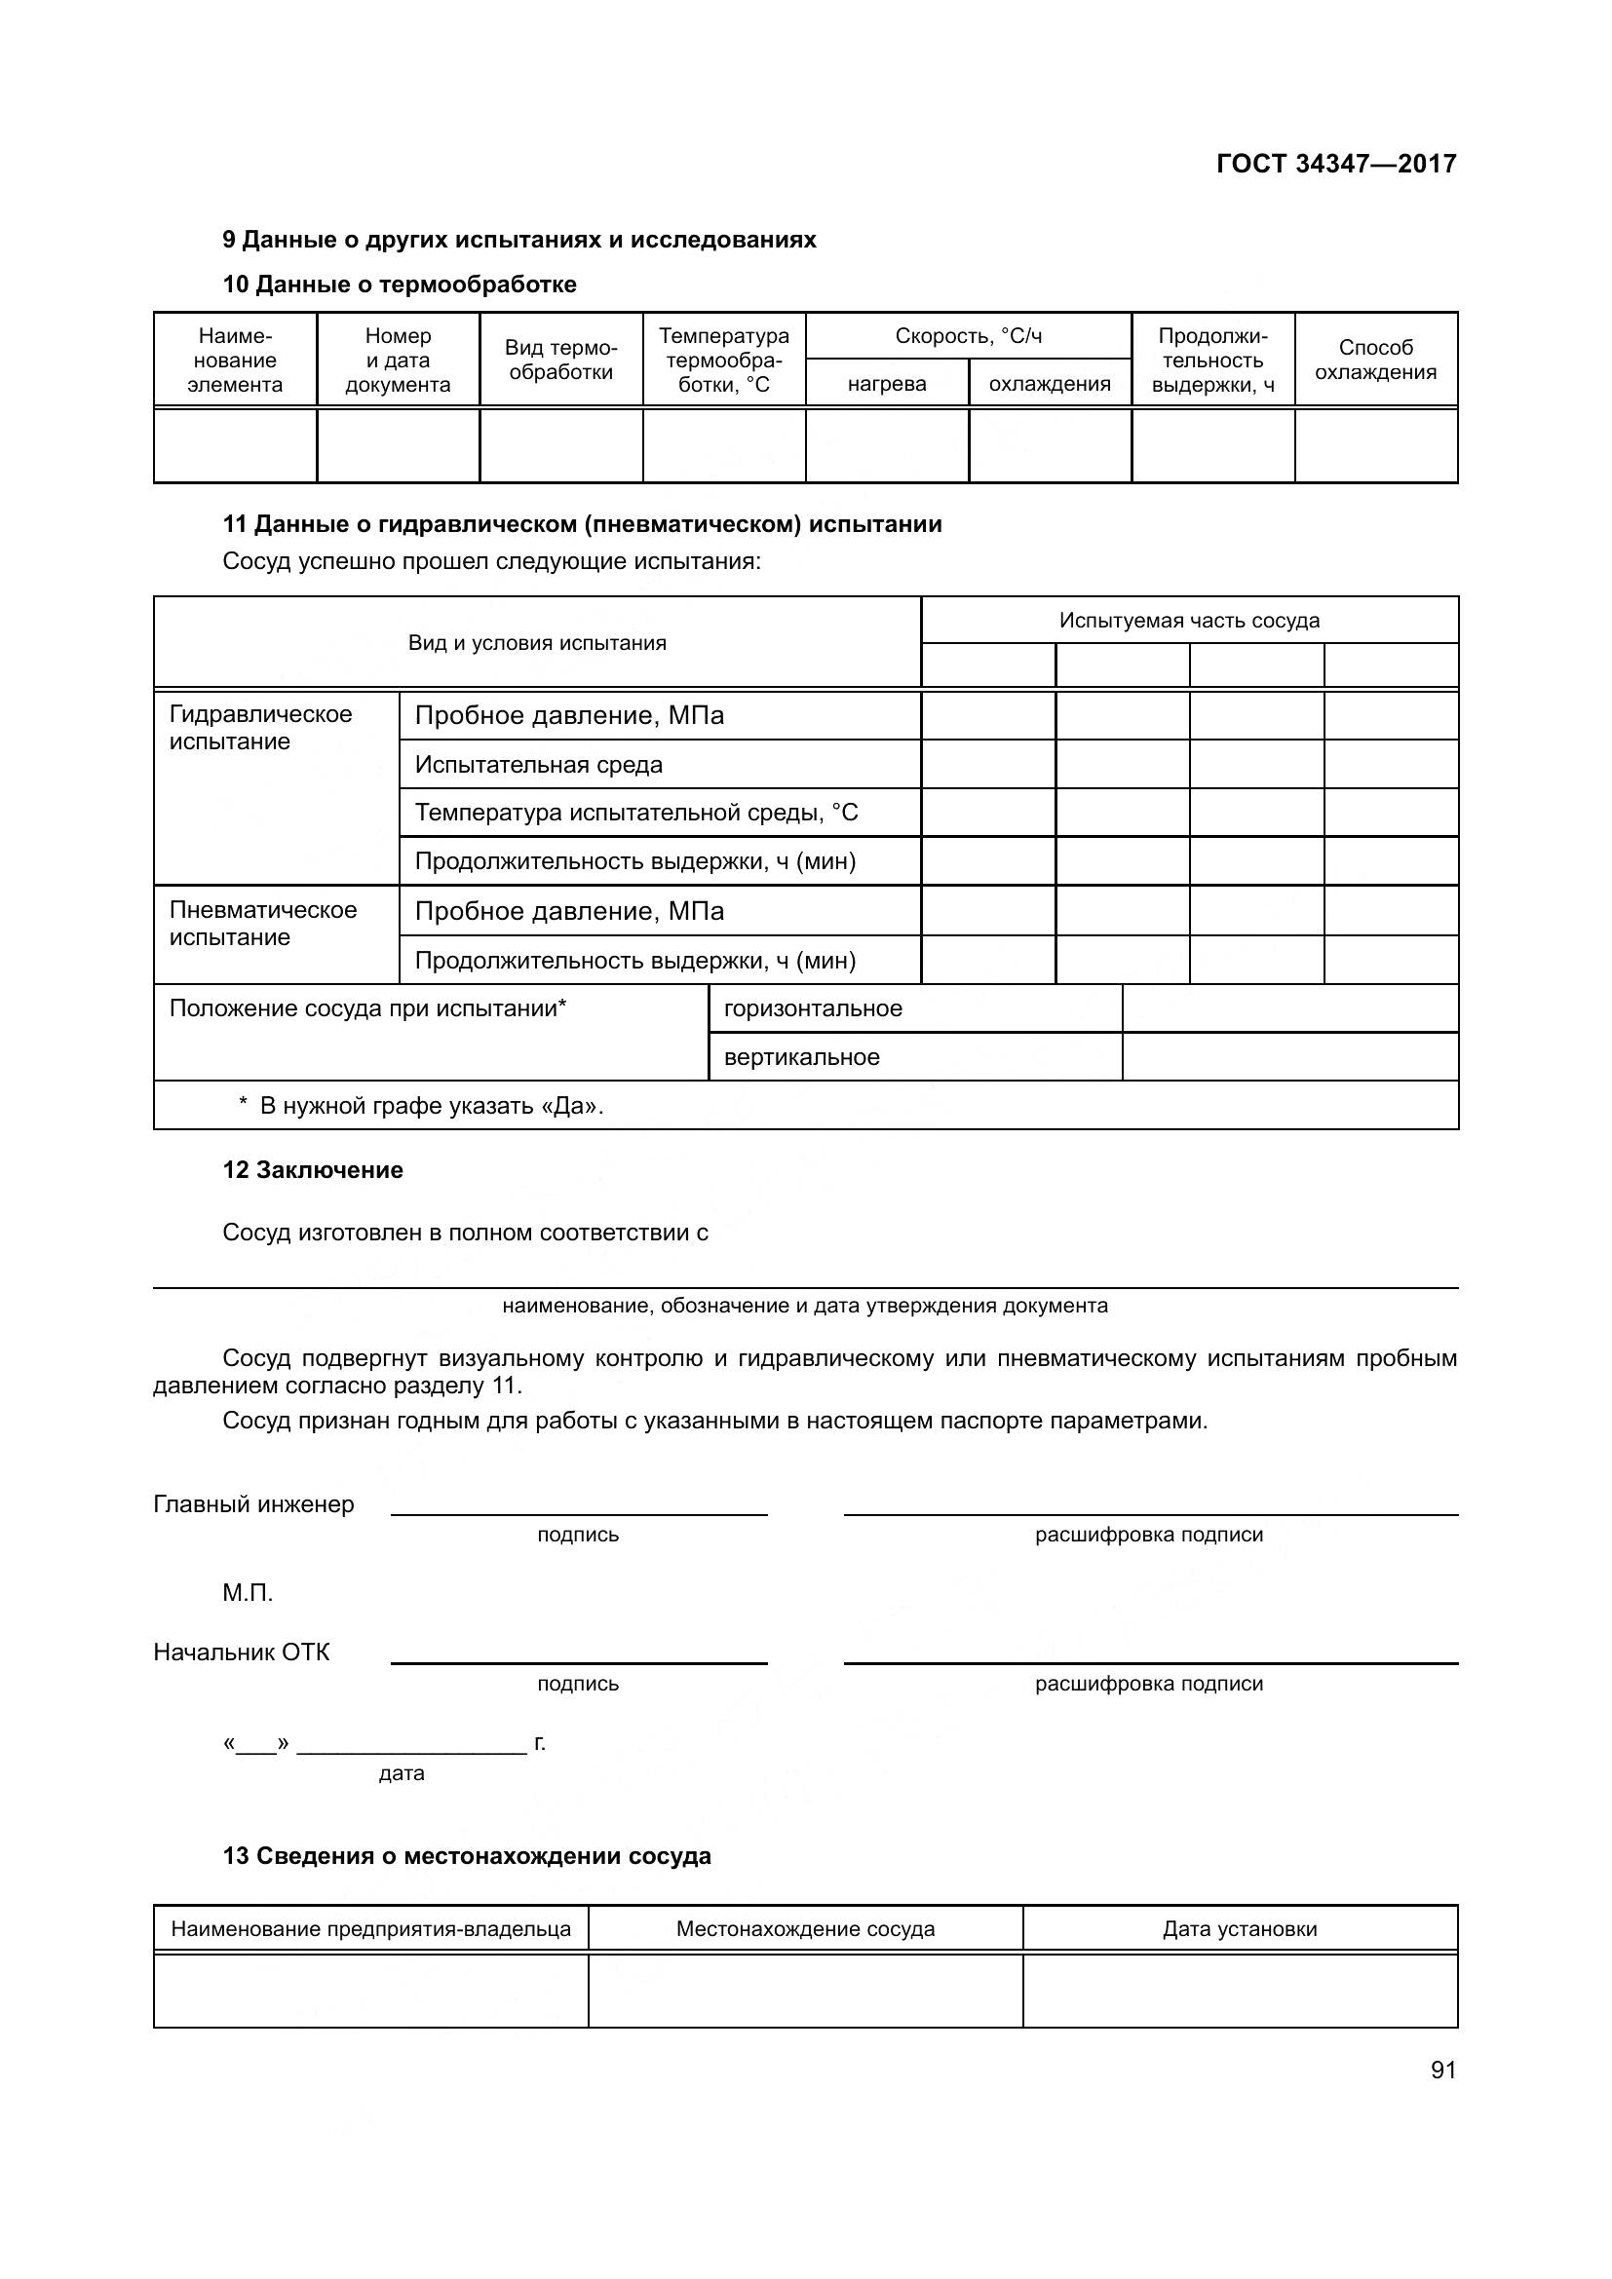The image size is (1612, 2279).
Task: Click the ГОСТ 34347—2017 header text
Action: pyautogui.click(x=1335, y=164)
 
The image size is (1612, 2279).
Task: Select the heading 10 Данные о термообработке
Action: pyautogui.click(x=399, y=285)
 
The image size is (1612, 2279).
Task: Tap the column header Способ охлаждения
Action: pyautogui.click(x=1375, y=360)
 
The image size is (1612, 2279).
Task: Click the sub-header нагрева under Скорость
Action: pyautogui.click(x=886, y=384)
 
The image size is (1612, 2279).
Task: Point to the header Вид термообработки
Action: pyautogui.click(x=560, y=360)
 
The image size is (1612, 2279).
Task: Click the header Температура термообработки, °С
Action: pyautogui.click(x=723, y=360)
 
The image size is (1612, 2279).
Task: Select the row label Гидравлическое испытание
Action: pyautogui.click(x=260, y=728)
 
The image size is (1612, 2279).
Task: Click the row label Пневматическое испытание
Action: pyautogui.click(x=262, y=923)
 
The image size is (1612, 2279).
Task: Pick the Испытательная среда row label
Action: pyautogui.click(x=538, y=764)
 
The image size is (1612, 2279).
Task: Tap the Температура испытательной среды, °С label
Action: pyautogui.click(x=635, y=813)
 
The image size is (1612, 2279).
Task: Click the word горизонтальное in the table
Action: pyautogui.click(x=813, y=1008)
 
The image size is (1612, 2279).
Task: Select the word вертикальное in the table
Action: pyautogui.click(x=801, y=1057)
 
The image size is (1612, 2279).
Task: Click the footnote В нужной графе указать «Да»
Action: pyautogui.click(x=431, y=1106)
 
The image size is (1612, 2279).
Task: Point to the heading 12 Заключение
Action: pyautogui.click(x=313, y=1170)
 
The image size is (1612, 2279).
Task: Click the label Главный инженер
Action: pyautogui.click(x=253, y=1503)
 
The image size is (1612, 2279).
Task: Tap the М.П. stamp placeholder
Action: pyautogui.click(x=248, y=1593)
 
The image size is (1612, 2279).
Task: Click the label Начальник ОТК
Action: pyautogui.click(x=241, y=1652)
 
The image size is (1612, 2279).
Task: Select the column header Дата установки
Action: pyautogui.click(x=1239, y=1928)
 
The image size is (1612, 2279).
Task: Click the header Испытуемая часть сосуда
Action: pyautogui.click(x=1188, y=621)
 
